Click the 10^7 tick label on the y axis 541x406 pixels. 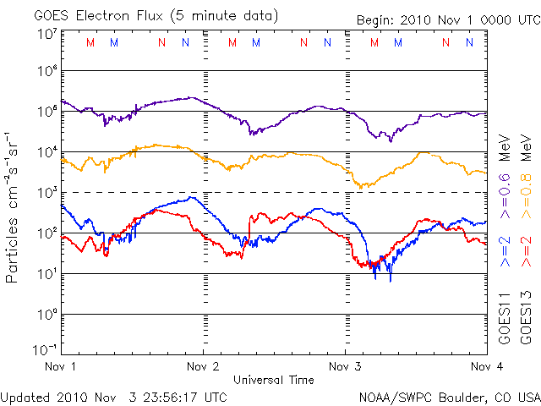(46, 33)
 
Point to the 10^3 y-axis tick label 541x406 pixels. (46, 192)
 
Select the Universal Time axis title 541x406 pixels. (273, 380)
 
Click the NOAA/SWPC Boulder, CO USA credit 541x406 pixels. (448, 397)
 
